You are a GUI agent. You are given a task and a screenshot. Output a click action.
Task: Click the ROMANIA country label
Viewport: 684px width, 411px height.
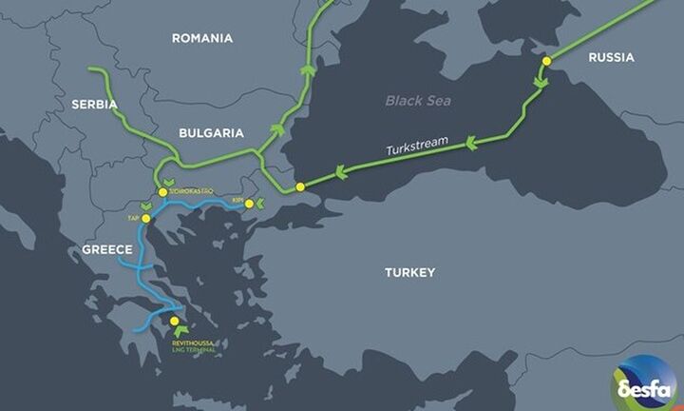[x=201, y=38]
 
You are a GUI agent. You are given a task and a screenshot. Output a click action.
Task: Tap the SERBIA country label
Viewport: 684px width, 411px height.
[x=93, y=103]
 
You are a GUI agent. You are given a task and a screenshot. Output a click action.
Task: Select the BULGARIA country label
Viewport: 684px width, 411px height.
[x=212, y=133]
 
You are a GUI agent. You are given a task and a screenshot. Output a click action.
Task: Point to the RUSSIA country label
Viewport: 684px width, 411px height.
[x=611, y=57]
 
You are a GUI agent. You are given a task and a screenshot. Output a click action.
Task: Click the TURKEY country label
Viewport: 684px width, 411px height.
[x=409, y=272]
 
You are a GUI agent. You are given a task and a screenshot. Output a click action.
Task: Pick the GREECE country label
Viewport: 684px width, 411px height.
[x=105, y=249]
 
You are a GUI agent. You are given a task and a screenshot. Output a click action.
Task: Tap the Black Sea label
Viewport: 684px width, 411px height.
[x=418, y=101]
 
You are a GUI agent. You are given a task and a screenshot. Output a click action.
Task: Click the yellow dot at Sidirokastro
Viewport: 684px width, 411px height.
[x=163, y=192]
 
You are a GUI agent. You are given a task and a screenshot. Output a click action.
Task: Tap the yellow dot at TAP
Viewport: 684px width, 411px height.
[x=145, y=218]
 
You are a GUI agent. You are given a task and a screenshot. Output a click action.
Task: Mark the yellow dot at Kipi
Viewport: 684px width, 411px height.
[x=249, y=204]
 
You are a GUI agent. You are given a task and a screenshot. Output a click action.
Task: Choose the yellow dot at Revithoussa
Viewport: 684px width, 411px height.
[x=173, y=322]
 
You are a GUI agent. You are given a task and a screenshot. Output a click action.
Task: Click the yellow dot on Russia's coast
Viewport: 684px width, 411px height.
[x=546, y=61]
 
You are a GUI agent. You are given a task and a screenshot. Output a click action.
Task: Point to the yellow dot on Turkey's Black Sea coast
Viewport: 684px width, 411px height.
[x=300, y=186]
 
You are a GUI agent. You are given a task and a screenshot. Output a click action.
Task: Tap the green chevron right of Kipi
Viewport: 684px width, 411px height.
[x=260, y=204]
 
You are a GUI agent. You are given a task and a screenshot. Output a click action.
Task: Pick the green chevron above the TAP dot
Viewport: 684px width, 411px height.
[x=146, y=206]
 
